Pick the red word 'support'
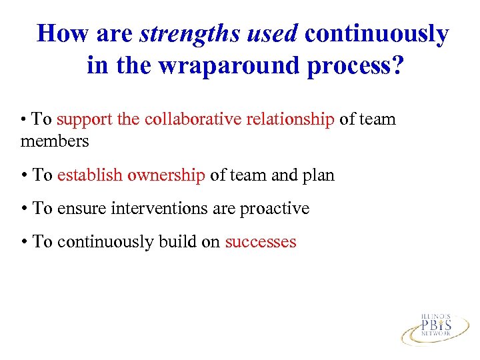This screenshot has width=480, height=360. pos(84,120)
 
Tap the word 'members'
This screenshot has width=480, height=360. pos(55,141)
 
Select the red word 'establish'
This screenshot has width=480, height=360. pos(89,175)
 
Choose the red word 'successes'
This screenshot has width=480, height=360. pos(260,242)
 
